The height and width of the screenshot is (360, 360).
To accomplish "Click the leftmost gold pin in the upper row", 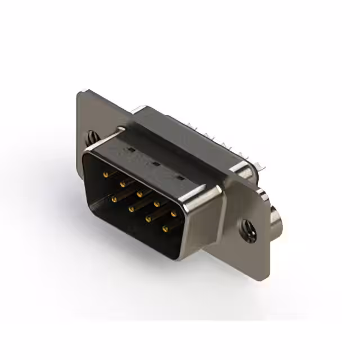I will (105, 174).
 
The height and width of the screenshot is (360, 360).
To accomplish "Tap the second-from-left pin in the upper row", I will (121, 183).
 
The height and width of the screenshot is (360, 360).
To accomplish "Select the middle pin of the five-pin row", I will (138, 192).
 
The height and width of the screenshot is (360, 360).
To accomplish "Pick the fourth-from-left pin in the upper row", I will (156, 201).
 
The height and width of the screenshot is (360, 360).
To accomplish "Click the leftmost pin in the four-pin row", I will (114, 199).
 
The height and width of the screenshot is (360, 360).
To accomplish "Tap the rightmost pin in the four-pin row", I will (165, 229).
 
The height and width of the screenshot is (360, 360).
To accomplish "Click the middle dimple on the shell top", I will (154, 164).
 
